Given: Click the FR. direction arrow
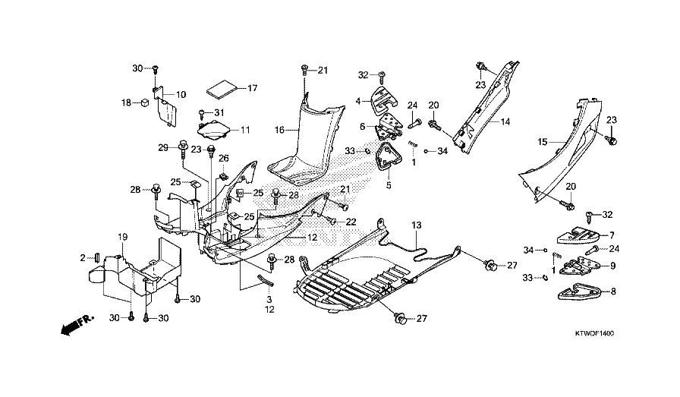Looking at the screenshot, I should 72,326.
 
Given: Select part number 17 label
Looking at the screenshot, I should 253,89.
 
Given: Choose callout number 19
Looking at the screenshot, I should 122,238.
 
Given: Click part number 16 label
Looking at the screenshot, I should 279,131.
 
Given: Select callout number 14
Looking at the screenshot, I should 505,121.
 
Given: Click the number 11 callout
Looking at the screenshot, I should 244,131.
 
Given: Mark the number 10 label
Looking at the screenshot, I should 181,95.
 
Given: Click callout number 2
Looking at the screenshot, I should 84,258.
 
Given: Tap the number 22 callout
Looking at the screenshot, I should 351,222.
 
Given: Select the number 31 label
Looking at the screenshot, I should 220,113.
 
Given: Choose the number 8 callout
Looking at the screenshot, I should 613,290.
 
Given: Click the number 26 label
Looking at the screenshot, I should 223,158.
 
